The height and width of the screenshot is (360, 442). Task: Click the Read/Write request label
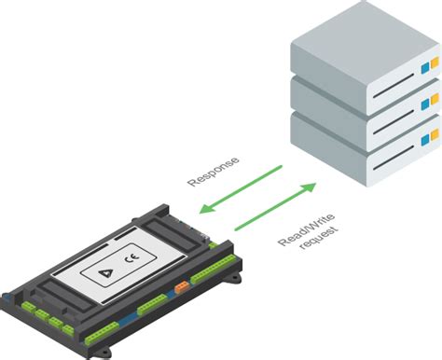coord(304,233)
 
